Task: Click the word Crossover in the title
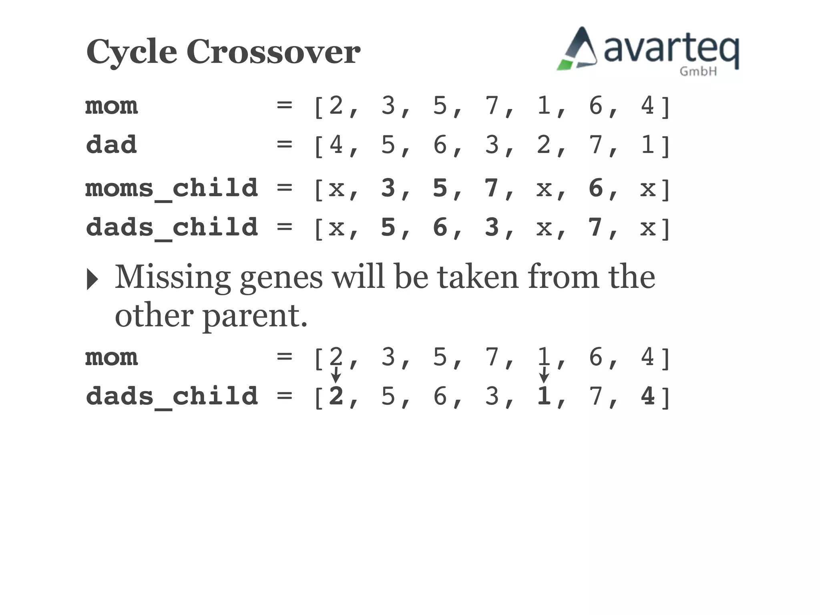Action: point(273,52)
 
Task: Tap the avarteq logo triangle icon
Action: point(578,50)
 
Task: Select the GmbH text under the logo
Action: point(698,72)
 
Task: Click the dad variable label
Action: point(111,145)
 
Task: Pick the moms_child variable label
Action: point(172,188)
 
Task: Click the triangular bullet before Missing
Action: point(92,279)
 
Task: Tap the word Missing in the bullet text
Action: point(173,277)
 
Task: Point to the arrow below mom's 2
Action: point(336,375)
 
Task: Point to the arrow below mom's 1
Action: point(543,375)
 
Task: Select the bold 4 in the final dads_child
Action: point(647,396)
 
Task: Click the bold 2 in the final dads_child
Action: point(336,396)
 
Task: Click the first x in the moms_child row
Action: point(336,189)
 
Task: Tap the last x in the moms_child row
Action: point(648,189)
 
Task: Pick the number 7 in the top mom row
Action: point(492,106)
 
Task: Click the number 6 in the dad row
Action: point(440,145)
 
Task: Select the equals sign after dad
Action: point(284,145)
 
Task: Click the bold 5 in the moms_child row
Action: point(440,188)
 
